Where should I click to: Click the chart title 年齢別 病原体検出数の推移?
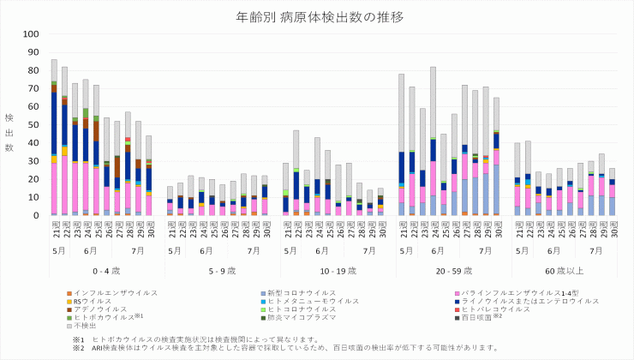318,16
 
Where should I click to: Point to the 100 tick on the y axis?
32,34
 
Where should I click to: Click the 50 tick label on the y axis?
34,124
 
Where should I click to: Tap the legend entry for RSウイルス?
94,301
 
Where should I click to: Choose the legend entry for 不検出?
86,327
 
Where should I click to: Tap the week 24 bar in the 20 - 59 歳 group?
433,141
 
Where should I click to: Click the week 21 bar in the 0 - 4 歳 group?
53,137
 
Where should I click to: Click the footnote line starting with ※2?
283,348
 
